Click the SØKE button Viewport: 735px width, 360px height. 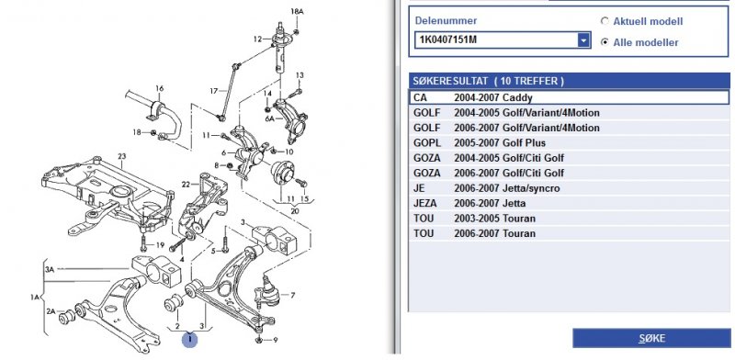pyautogui.click(x=651, y=339)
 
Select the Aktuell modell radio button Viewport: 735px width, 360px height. pyautogui.click(x=605, y=21)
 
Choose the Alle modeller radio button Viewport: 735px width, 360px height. pyautogui.click(x=605, y=42)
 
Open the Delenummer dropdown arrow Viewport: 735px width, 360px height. pyautogui.click(x=583, y=40)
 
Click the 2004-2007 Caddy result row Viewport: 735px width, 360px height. pyautogui.click(x=569, y=97)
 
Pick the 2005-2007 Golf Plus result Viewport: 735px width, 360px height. pyautogui.click(x=569, y=143)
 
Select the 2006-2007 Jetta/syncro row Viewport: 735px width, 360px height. pyautogui.click(x=569, y=188)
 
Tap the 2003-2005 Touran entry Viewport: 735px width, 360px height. pyautogui.click(x=569, y=219)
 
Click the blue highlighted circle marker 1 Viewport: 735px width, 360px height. pyautogui.click(x=190, y=339)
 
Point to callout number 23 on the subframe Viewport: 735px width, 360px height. pyautogui.click(x=122, y=156)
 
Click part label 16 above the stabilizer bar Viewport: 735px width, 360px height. pyautogui.click(x=159, y=88)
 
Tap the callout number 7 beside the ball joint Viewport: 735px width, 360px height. pyautogui.click(x=293, y=296)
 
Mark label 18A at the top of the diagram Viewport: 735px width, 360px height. pyautogui.click(x=297, y=11)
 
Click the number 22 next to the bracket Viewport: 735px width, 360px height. pyautogui.click(x=186, y=185)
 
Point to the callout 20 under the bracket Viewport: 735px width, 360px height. pyautogui.click(x=294, y=210)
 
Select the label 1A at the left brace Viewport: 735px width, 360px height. pyautogui.click(x=35, y=297)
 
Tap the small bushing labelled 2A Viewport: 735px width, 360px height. pyautogui.click(x=66, y=318)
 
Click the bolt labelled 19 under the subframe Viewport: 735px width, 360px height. pyautogui.click(x=143, y=244)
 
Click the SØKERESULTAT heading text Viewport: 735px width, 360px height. pyautogui.click(x=488, y=81)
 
